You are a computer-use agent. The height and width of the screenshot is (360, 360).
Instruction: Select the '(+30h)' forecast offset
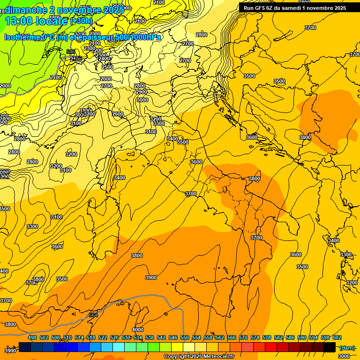(x=81, y=21)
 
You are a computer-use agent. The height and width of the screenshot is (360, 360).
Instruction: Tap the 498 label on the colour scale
(x=32, y=337)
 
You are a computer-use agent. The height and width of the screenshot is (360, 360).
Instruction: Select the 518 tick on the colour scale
(x=91, y=337)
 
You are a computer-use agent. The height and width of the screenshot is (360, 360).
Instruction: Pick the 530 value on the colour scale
(x=126, y=337)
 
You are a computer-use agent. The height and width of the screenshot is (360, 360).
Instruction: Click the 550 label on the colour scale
(x=185, y=337)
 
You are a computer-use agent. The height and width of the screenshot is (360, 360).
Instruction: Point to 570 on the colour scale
(x=243, y=337)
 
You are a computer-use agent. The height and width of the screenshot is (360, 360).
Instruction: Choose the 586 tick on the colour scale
(x=290, y=337)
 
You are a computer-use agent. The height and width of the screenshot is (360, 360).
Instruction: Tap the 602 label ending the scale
(x=337, y=337)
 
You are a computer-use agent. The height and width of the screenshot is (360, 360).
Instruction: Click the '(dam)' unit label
(x=347, y=348)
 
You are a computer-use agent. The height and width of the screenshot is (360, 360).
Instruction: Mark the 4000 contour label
(x=138, y=330)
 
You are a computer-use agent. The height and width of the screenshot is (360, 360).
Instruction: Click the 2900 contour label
(x=142, y=92)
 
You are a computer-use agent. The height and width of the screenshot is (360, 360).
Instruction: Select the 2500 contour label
(x=107, y=67)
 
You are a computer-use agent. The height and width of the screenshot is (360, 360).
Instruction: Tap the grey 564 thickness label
(x=93, y=315)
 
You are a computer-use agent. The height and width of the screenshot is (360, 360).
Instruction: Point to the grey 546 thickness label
(x=71, y=52)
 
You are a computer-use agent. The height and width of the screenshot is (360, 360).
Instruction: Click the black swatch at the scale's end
(x=330, y=347)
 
